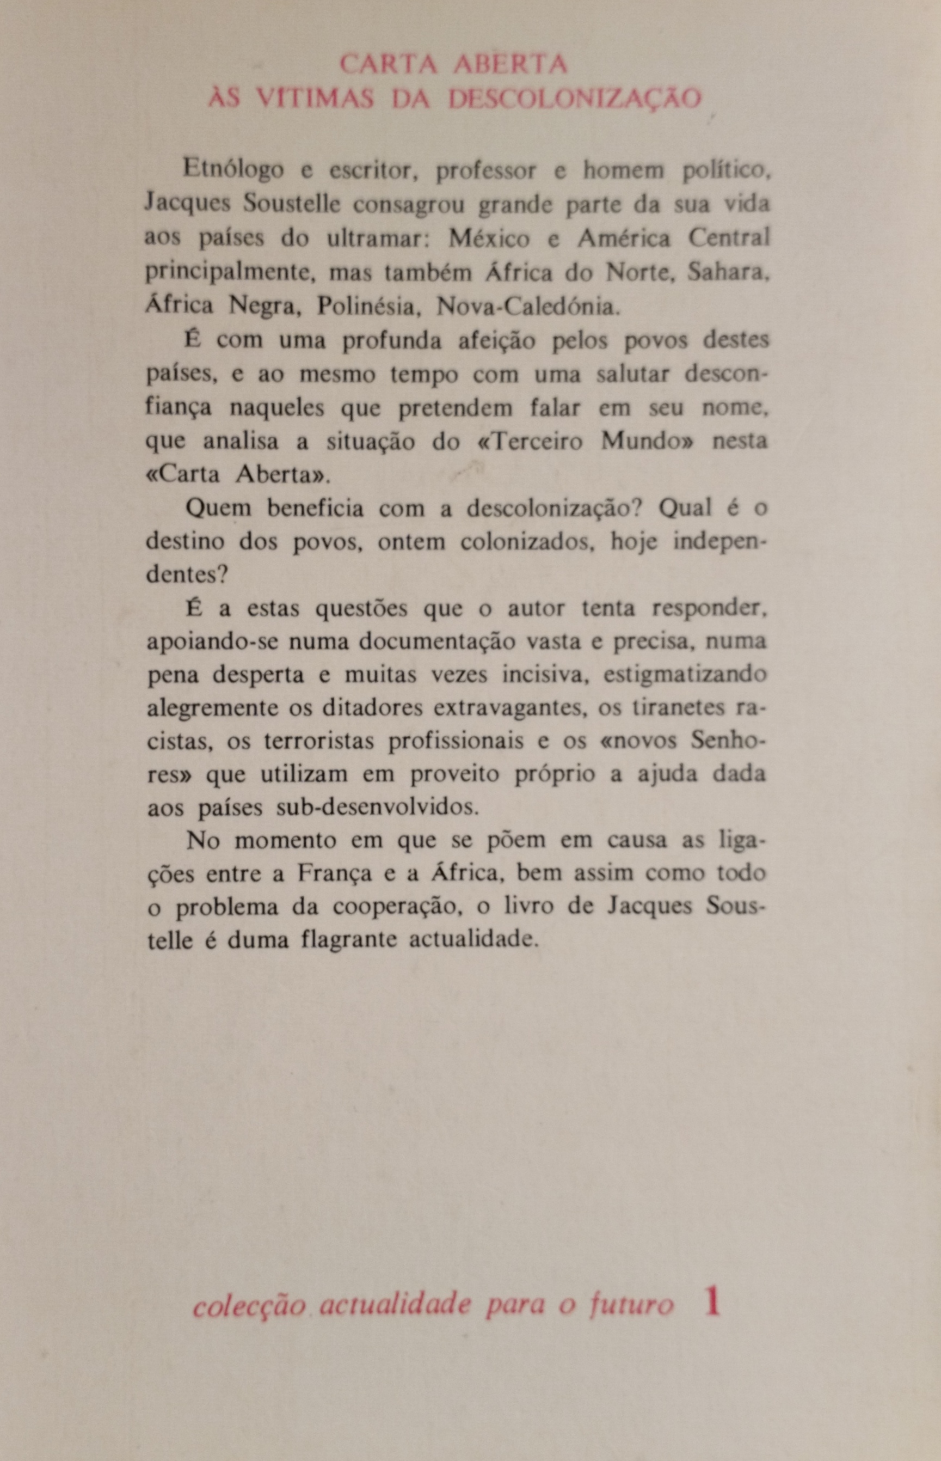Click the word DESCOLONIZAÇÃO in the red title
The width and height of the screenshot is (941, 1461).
[575, 99]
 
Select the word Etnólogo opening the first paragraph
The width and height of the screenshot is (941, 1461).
[233, 169]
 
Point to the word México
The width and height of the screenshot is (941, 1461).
[489, 238]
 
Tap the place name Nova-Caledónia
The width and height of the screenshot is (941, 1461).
[527, 305]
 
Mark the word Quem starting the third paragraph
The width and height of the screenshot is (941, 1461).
[218, 509]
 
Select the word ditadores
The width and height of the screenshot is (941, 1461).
[372, 708]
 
